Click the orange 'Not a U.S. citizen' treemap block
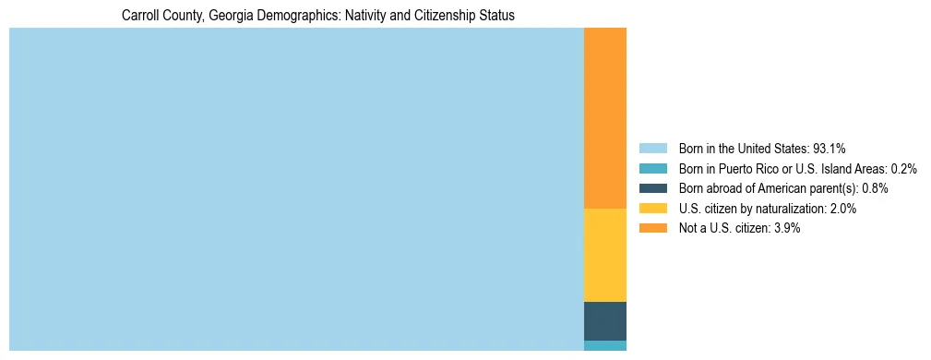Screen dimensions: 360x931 [605, 118]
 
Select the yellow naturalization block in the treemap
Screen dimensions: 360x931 [605, 255]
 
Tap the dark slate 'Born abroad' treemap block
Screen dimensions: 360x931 [605, 320]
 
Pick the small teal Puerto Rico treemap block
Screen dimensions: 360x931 [605, 345]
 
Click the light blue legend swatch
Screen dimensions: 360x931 [652, 149]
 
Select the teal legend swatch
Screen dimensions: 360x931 [652, 169]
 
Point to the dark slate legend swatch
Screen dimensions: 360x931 [652, 188]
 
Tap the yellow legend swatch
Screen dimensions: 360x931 [652, 209]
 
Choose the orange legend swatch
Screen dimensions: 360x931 [652, 228]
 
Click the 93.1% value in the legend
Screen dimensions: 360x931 [830, 149]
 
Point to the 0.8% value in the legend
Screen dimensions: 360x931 [875, 188]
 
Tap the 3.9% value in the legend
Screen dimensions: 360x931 [786, 228]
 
